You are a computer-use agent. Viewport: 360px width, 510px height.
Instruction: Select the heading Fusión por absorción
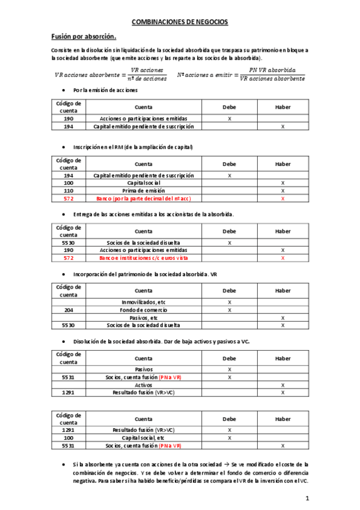click(84, 37)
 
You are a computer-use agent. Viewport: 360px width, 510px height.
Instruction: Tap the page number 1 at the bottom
click(307, 498)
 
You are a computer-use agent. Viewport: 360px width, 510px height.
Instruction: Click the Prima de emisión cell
click(144, 190)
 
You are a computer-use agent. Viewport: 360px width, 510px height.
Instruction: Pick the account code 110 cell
click(69, 190)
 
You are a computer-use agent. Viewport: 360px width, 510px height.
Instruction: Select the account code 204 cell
click(69, 310)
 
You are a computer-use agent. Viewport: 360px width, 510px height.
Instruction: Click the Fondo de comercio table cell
click(144, 310)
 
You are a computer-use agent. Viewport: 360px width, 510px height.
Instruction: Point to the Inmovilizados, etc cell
click(144, 302)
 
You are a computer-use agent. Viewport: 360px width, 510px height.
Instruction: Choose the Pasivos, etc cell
click(144, 318)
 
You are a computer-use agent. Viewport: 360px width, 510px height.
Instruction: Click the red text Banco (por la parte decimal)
click(144, 198)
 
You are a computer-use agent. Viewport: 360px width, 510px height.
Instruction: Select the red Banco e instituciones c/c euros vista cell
click(144, 257)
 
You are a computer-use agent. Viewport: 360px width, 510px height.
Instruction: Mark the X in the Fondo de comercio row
click(230, 310)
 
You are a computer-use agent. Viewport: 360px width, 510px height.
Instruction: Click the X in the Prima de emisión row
click(282, 190)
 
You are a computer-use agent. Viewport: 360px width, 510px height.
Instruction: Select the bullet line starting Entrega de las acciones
click(153, 214)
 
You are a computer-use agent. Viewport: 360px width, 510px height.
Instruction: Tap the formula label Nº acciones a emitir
click(204, 75)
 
